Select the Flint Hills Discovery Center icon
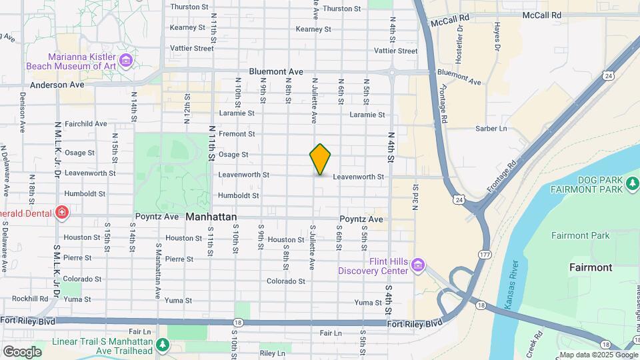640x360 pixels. (x=418, y=266)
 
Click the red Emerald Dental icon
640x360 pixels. (x=62, y=213)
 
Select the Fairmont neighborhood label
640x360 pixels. (x=590, y=267)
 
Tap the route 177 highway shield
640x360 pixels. (x=485, y=254)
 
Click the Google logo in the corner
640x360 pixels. (x=22, y=351)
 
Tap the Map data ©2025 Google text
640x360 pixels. (x=597, y=355)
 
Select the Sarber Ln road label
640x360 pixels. (x=491, y=128)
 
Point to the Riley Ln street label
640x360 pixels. (x=273, y=353)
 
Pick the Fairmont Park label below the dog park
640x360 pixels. (x=580, y=235)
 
